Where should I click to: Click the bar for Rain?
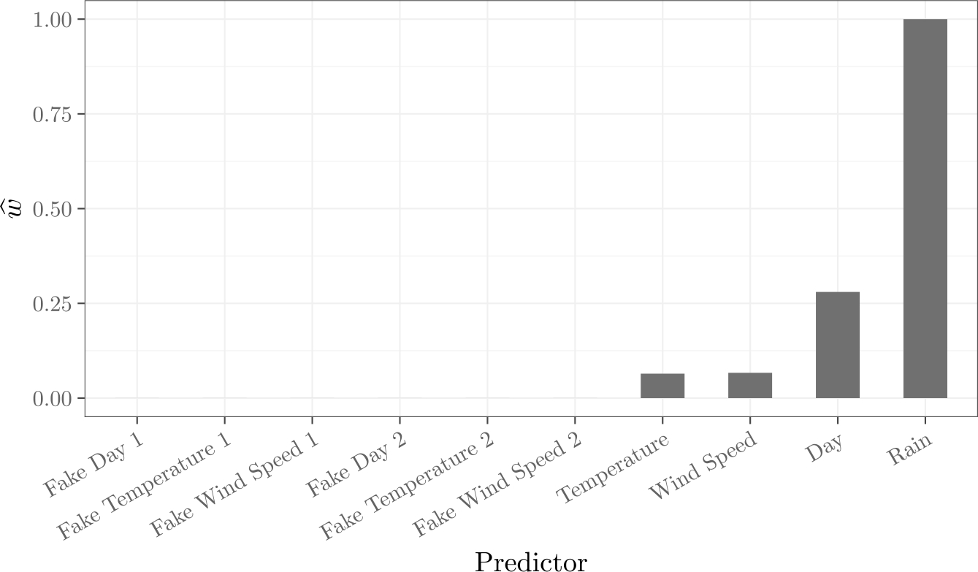925,209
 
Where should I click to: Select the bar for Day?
837,345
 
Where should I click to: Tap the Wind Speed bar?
749,386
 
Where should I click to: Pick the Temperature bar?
662,386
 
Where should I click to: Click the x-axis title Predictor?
531,561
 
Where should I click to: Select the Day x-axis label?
826,448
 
